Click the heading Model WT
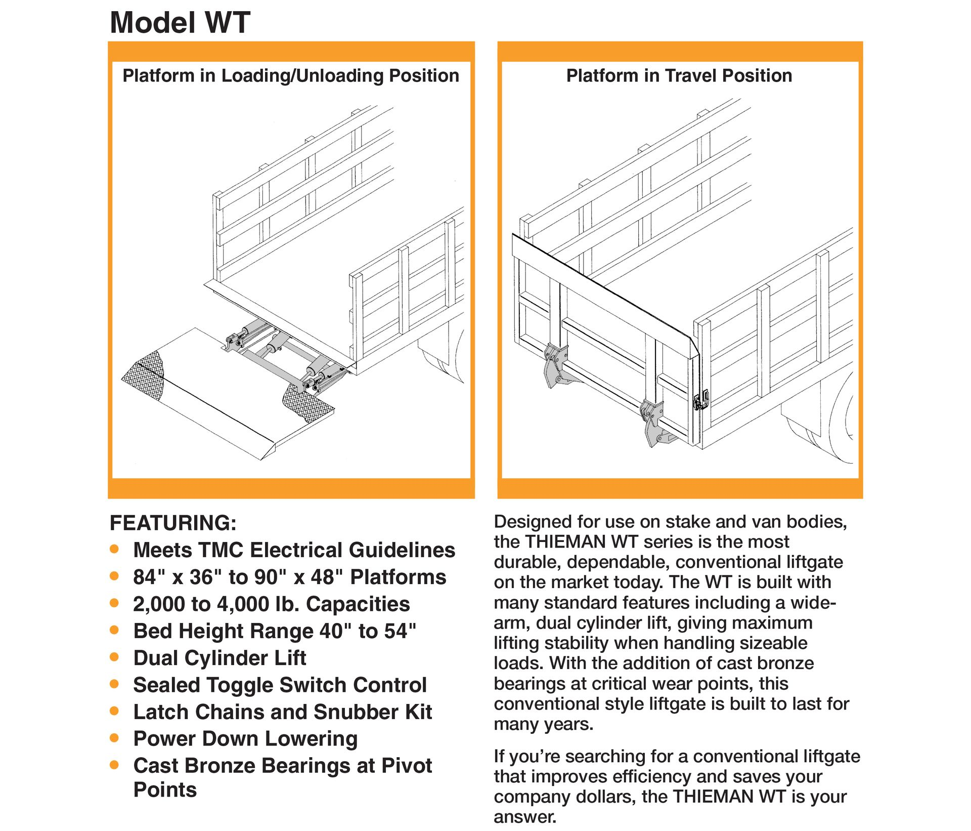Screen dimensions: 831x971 (x=180, y=23)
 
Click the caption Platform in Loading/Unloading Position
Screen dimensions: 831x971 (x=291, y=76)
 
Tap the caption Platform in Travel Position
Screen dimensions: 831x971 (x=679, y=76)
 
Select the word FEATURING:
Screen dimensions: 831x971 (x=173, y=523)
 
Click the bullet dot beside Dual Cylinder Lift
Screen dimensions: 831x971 (x=114, y=657)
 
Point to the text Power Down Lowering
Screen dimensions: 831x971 (x=245, y=738)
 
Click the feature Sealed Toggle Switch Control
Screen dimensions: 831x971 (x=280, y=685)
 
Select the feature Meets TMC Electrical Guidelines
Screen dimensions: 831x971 (x=294, y=550)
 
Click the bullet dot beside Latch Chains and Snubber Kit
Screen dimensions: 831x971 (x=114, y=711)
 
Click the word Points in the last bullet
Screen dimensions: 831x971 (x=165, y=790)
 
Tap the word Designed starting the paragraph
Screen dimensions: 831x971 (x=531, y=522)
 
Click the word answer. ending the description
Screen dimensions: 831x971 (x=525, y=816)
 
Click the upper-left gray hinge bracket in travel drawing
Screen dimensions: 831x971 (x=556, y=364)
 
